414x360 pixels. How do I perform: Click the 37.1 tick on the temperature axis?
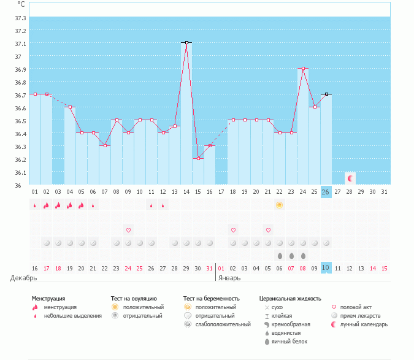click(x=21, y=44)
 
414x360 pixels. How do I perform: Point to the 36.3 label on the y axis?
click(x=21, y=147)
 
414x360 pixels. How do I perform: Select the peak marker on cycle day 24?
click(x=303, y=69)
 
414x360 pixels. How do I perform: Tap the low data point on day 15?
click(x=198, y=159)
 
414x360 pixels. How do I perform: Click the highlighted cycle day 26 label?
click(x=326, y=191)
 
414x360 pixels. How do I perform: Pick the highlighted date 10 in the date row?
click(x=326, y=267)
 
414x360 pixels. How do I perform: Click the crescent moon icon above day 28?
click(x=350, y=178)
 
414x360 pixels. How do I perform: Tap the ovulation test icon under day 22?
click(x=280, y=205)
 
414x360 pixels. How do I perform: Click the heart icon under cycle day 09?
click(x=128, y=230)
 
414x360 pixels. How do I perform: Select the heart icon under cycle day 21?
click(x=268, y=230)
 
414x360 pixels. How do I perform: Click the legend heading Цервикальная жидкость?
click(x=290, y=299)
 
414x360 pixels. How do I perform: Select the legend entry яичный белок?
click(x=293, y=341)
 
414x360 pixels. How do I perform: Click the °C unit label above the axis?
click(x=21, y=4)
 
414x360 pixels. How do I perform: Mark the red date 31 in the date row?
click(x=210, y=268)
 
